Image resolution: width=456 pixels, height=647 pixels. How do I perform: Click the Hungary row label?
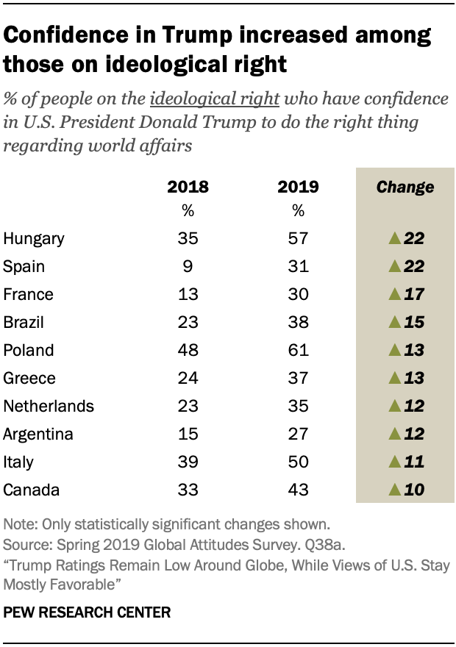pyautogui.click(x=34, y=238)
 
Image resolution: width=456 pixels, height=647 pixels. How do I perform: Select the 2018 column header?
pyautogui.click(x=188, y=187)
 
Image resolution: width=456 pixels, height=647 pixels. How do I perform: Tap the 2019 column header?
pyautogui.click(x=298, y=187)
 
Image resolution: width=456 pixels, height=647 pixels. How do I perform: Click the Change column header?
pyautogui.click(x=405, y=187)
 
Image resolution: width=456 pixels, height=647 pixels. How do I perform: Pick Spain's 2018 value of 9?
pyautogui.click(x=188, y=265)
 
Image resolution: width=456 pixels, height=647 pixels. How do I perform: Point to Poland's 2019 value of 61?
pyautogui.click(x=298, y=349)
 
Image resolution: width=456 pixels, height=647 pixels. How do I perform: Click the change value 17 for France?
pyautogui.click(x=415, y=293)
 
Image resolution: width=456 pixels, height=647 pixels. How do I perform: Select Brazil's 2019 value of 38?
pyautogui.click(x=298, y=321)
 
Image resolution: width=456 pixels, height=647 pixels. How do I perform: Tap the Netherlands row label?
pyautogui.click(x=49, y=405)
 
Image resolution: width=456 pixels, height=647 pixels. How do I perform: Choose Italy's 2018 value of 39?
pyautogui.click(x=188, y=461)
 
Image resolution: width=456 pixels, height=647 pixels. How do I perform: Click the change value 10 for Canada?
pyautogui.click(x=415, y=489)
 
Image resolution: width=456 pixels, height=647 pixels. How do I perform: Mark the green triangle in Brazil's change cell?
pyautogui.click(x=394, y=321)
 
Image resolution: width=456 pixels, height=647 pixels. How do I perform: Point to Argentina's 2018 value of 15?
pyautogui.click(x=188, y=433)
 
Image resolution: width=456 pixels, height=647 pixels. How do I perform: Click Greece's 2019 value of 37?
pyautogui.click(x=298, y=377)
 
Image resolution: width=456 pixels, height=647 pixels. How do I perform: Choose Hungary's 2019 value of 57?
pyautogui.click(x=298, y=238)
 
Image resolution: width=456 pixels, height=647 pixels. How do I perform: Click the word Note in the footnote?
pyautogui.click(x=17, y=526)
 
